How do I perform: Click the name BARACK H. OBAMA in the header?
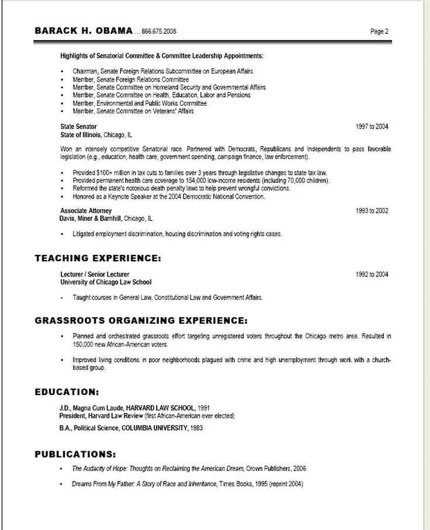(x=84, y=31)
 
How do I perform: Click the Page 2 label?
(x=379, y=32)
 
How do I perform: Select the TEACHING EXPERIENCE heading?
(x=98, y=258)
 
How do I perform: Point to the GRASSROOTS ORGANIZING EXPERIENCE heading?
(x=141, y=320)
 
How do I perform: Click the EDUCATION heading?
(x=67, y=391)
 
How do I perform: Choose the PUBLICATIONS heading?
(x=75, y=453)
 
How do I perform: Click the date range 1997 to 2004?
(x=372, y=126)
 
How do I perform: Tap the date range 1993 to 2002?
(x=372, y=210)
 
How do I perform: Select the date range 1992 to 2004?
(x=372, y=274)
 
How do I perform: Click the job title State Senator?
(x=78, y=126)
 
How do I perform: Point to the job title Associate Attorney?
(x=86, y=210)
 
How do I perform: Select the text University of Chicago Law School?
(x=106, y=282)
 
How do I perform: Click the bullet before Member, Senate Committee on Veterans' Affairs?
(x=63, y=111)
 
